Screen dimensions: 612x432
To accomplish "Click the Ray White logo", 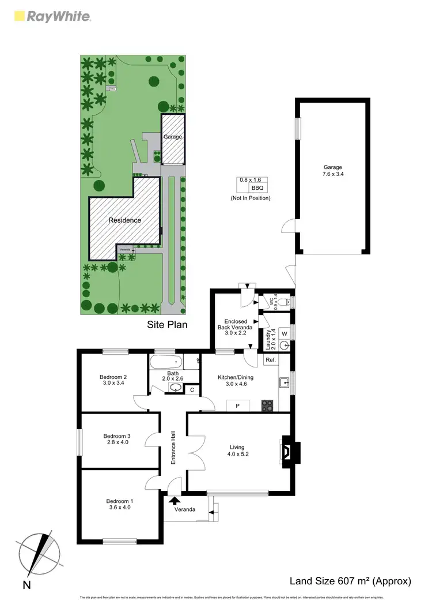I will (51, 16).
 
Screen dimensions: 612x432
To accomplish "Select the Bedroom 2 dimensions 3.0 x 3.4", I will (115, 383).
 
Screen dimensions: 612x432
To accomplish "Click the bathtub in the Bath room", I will (166, 363).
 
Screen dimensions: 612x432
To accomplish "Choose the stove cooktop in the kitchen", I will (267, 405).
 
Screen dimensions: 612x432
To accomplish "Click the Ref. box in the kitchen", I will (270, 360).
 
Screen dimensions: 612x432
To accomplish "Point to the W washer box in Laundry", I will (284, 333).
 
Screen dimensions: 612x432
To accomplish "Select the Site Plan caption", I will (167, 325).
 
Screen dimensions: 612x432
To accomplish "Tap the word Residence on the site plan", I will (125, 220).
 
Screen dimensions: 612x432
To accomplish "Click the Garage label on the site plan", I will (173, 137).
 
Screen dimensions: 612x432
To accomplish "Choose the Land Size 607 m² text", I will (350, 581).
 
